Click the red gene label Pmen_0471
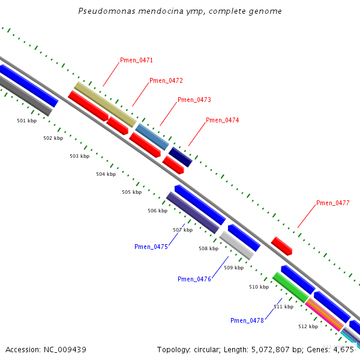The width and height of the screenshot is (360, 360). (136, 60)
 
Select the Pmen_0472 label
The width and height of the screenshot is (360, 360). (166, 80)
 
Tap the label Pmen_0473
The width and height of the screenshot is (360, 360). (194, 100)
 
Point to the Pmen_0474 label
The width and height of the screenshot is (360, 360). (223, 120)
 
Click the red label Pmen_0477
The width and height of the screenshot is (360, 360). (333, 203)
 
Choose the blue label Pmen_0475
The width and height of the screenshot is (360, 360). (151, 247)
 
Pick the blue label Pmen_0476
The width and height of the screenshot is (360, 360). (194, 279)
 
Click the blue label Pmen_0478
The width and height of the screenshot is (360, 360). (247, 320)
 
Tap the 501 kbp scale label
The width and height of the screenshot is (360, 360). (26, 121)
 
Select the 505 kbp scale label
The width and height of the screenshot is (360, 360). (131, 192)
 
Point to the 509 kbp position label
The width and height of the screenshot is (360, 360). (233, 268)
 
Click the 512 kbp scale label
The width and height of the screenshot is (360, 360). (308, 326)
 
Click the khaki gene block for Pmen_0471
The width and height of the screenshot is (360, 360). (104, 104)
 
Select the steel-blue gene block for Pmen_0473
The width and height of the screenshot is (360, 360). (152, 136)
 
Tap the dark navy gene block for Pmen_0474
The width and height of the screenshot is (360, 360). (180, 157)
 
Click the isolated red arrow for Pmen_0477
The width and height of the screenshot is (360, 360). (281, 245)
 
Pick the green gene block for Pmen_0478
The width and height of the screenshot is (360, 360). (290, 287)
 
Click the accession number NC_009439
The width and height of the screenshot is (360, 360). (63, 349)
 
